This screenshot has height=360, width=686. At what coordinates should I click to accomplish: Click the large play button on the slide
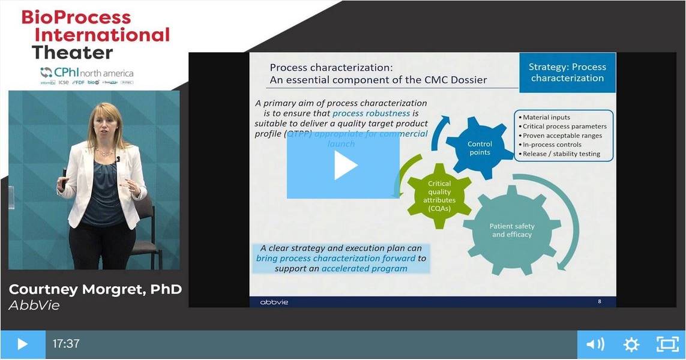(x=343, y=165)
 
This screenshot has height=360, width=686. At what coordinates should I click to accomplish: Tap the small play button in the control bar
(x=22, y=344)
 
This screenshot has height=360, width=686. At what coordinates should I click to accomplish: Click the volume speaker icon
(x=595, y=344)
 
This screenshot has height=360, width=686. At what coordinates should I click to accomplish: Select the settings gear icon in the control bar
(x=631, y=344)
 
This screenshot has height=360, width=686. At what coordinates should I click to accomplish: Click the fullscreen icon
(x=667, y=344)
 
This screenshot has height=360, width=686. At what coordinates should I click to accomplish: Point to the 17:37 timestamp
(x=66, y=344)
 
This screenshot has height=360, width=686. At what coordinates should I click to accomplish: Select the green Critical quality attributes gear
(x=439, y=196)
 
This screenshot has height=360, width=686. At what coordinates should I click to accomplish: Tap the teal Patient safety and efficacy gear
(x=512, y=230)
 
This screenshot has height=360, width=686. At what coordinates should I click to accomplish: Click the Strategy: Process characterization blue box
(x=567, y=73)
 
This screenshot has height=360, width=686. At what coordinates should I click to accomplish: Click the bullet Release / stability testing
(x=561, y=154)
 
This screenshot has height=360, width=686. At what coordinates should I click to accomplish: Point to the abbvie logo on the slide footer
(x=274, y=302)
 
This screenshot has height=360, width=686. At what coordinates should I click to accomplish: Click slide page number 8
(x=600, y=301)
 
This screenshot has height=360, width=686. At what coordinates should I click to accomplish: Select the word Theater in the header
(x=72, y=53)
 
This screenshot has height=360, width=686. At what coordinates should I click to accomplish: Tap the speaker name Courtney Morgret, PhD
(x=95, y=289)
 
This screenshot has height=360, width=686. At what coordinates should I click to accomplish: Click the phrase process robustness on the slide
(x=371, y=113)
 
